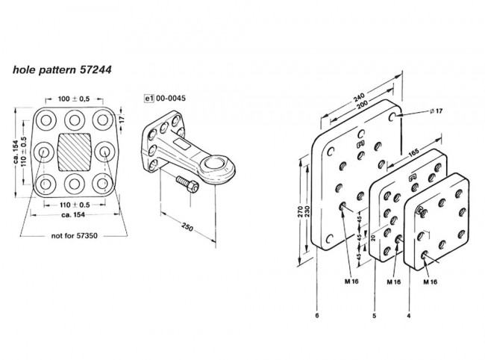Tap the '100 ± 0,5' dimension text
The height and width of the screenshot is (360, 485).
[x=75, y=99]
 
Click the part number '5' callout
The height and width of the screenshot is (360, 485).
[x=370, y=315]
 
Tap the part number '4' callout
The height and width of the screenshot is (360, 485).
[x=409, y=315]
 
